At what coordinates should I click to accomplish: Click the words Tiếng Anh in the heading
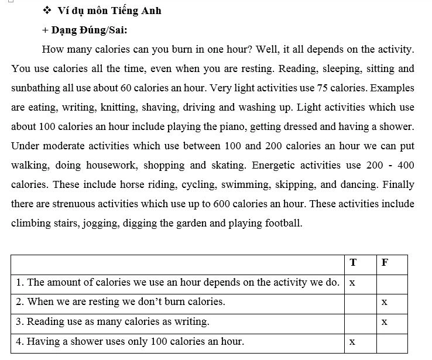click(138, 11)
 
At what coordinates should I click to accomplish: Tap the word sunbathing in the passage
click(36, 88)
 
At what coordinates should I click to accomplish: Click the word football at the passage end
click(282, 223)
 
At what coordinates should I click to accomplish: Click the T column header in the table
click(353, 262)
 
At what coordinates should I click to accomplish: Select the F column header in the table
click(385, 262)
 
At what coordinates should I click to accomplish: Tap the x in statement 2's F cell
click(384, 302)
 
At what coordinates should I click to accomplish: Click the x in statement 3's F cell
click(384, 321)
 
